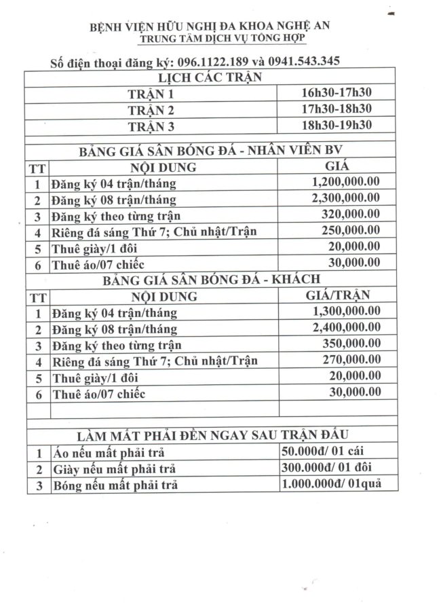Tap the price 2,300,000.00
point(345,198)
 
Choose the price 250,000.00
point(350,231)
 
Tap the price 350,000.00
point(350,344)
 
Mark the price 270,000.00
point(350,359)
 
